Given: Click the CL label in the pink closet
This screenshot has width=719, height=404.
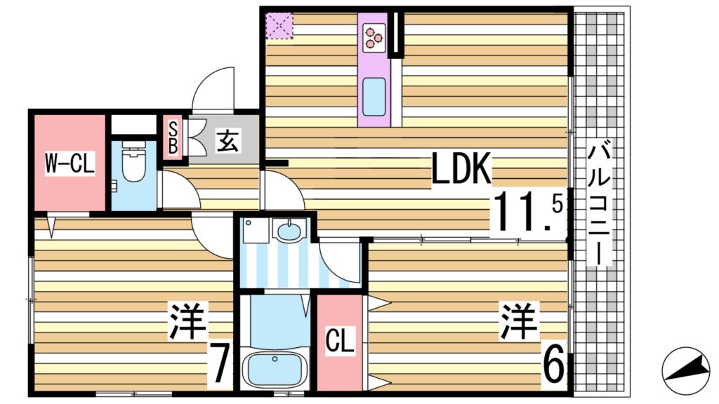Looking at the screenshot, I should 341,342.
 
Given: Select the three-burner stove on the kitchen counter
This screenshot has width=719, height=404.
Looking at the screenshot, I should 374,36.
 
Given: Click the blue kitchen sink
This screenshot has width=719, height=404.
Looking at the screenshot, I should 374,97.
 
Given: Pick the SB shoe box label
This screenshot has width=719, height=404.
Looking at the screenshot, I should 172,138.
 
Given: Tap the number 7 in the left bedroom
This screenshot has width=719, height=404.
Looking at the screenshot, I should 220,365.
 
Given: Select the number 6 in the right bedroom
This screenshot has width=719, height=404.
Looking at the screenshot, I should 553,365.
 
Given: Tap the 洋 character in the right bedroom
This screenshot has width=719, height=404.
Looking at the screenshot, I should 519,322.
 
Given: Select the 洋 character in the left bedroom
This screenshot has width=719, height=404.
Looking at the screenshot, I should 187,322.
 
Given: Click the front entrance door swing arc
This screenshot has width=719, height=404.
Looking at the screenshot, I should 213,88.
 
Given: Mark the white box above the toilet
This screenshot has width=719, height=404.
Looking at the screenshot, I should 133,124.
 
